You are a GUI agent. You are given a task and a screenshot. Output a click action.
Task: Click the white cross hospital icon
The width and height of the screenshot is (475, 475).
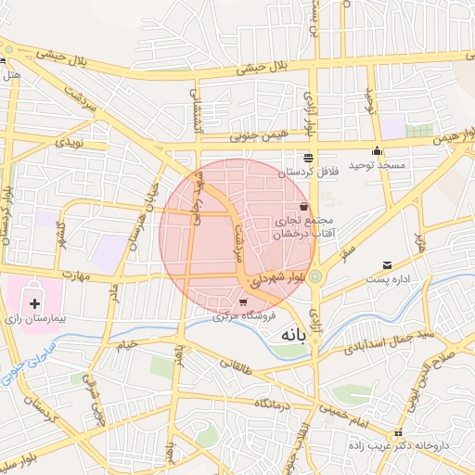coord(35,302)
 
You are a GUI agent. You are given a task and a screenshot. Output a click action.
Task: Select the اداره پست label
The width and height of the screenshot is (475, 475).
coord(388,277)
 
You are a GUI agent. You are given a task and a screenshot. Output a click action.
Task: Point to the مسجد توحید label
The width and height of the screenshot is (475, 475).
coord(378,164)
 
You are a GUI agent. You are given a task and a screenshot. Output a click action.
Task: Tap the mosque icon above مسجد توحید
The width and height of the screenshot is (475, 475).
coord(377,152)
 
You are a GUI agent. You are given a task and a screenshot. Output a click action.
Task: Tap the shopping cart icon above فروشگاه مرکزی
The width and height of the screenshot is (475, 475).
coord(243,302)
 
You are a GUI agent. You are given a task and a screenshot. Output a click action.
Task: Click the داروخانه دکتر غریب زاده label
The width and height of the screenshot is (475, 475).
coord(405,445)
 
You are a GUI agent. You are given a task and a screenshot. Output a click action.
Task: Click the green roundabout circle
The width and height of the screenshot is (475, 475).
coord(317,276)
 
